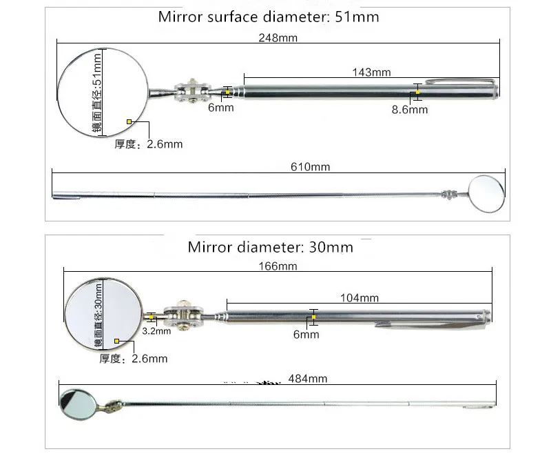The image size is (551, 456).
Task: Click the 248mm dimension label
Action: (278, 38)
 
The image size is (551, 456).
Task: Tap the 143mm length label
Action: (371, 72)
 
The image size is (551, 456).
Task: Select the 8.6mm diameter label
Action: (410, 110)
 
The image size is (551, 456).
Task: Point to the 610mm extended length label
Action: (311, 167)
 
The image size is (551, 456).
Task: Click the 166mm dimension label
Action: (278, 266)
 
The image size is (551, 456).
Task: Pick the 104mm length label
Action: (360, 298)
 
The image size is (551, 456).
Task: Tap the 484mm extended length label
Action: (308, 378)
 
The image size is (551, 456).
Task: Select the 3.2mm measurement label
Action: (156, 330)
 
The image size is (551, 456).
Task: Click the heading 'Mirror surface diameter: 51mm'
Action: (269, 17)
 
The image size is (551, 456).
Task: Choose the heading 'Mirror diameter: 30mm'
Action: (270, 247)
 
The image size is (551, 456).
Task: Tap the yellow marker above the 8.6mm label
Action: (417, 92)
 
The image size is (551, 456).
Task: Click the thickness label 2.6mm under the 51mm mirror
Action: (149, 144)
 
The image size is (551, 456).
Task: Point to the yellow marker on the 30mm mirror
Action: (118, 341)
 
